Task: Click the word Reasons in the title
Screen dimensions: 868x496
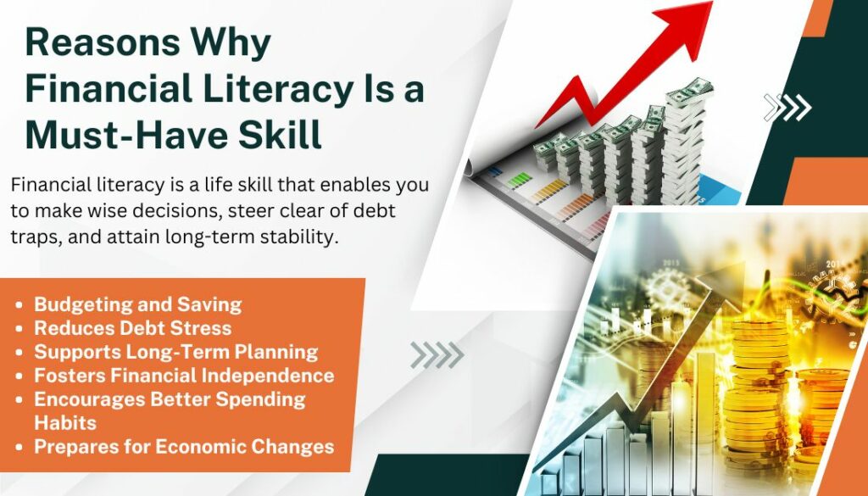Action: [x=103, y=42]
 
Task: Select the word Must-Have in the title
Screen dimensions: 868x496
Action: [x=117, y=134]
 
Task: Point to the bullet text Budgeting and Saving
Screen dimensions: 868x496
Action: [x=138, y=304]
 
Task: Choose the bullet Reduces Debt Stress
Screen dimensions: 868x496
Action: [x=133, y=328]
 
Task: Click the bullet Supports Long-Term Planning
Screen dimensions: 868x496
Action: [x=176, y=352]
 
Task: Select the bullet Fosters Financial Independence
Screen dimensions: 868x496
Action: [x=184, y=376]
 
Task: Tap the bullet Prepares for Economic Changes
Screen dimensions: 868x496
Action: [x=184, y=447]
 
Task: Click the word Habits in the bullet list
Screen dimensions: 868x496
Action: [x=65, y=423]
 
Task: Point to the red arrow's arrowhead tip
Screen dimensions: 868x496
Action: [x=712, y=3]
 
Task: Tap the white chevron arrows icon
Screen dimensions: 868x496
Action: [x=787, y=108]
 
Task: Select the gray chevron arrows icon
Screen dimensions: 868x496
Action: [x=437, y=355]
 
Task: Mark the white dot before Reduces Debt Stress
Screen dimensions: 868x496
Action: [x=20, y=328]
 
